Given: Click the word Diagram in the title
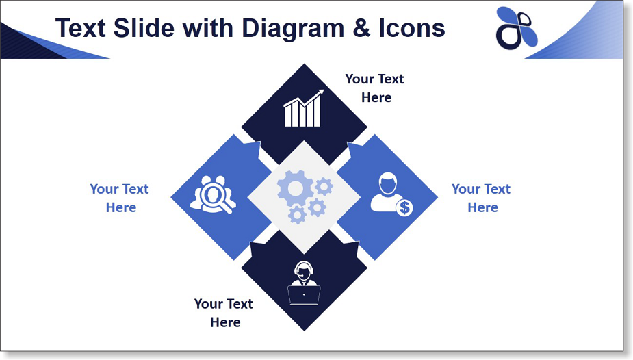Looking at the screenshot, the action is point(293,29).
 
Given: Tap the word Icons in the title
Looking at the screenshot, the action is point(412,28).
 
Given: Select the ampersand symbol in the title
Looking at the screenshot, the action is point(361,28).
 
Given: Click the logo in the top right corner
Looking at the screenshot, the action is point(517,28).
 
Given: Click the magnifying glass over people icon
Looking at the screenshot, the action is point(213,194).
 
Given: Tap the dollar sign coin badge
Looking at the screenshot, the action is point(404,207).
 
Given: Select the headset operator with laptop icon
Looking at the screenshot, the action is point(304,283).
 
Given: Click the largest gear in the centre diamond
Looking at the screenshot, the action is point(295,188).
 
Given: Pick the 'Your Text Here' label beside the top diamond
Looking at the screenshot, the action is point(375,88).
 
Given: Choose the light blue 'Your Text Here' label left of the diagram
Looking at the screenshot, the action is point(120,198).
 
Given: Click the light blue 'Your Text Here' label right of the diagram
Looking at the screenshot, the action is point(481,198).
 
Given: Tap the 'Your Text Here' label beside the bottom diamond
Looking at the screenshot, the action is point(224,313).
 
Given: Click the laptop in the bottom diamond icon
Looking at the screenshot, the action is point(304,296).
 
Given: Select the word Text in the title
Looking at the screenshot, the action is point(81,28).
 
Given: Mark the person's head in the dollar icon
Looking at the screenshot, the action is point(388,183).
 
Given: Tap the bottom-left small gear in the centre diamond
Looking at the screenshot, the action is point(298,215).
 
